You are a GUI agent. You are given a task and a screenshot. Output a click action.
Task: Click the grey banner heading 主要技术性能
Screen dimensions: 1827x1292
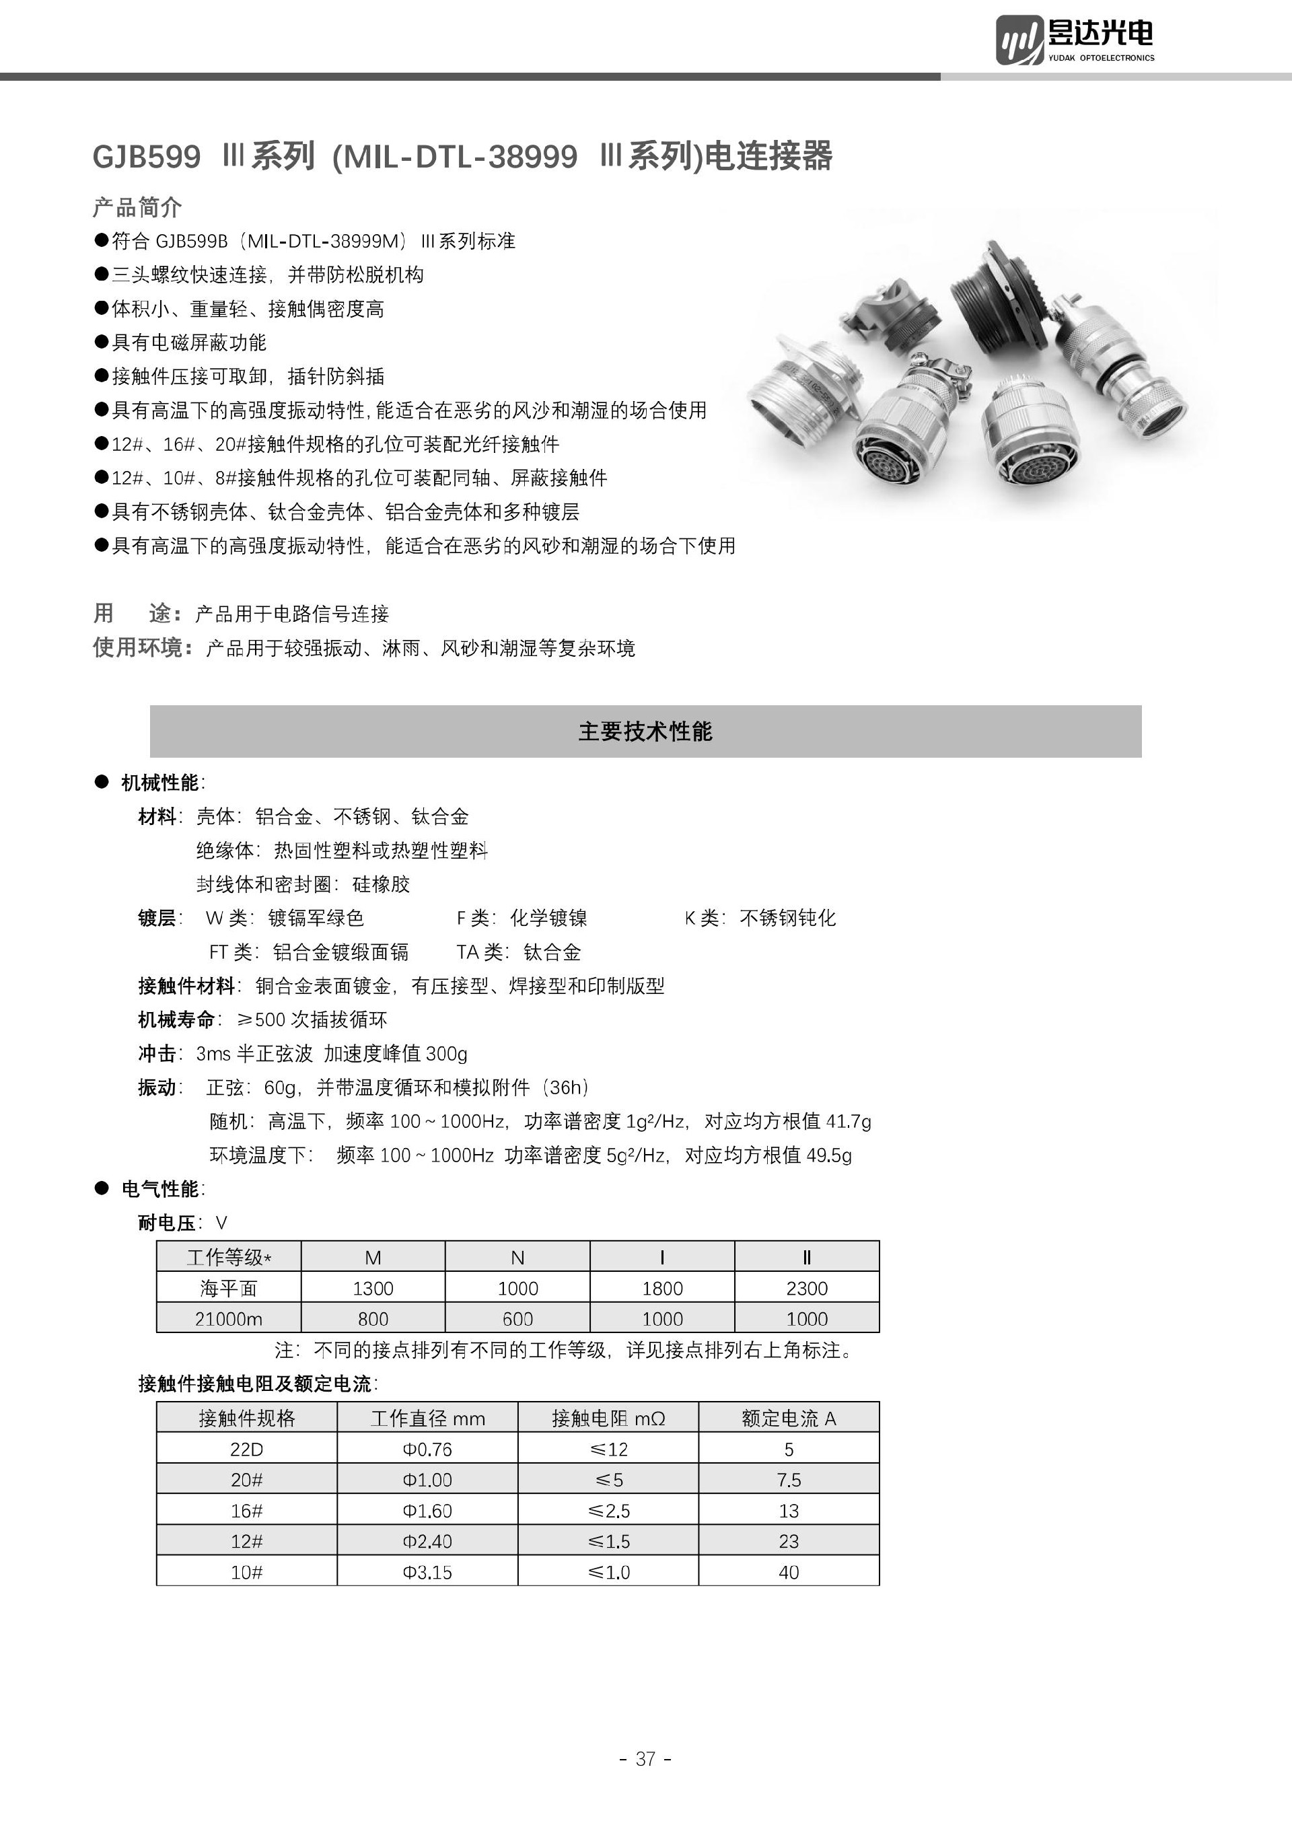pos(645,731)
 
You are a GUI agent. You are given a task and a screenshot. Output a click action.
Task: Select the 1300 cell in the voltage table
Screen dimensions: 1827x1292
pos(372,1287)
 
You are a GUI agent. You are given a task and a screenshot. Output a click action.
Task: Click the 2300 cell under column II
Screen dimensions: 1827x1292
pos(807,1287)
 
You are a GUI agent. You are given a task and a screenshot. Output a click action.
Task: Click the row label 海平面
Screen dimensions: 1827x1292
pos(228,1287)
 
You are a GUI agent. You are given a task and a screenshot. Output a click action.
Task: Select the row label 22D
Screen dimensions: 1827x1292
pos(247,1449)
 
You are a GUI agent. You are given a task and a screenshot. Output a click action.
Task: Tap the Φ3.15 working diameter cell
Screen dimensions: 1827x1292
pos(427,1571)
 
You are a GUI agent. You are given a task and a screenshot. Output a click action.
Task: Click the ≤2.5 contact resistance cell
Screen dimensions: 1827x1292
pos(608,1510)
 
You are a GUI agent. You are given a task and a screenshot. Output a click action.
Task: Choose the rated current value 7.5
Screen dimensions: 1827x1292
pos(789,1479)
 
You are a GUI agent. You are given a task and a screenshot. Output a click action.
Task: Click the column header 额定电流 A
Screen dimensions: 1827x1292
pos(789,1418)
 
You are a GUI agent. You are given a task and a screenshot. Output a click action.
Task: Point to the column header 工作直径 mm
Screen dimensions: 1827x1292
pos(427,1418)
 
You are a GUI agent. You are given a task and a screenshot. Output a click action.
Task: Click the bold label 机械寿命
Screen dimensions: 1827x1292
pos(176,1019)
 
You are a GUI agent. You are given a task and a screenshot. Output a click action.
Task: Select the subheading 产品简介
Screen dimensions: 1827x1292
pos(137,208)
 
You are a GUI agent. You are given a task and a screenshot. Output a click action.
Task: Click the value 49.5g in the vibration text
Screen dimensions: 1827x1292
pos(829,1155)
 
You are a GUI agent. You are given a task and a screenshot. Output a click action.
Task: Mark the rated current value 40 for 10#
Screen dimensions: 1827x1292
pos(789,1571)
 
